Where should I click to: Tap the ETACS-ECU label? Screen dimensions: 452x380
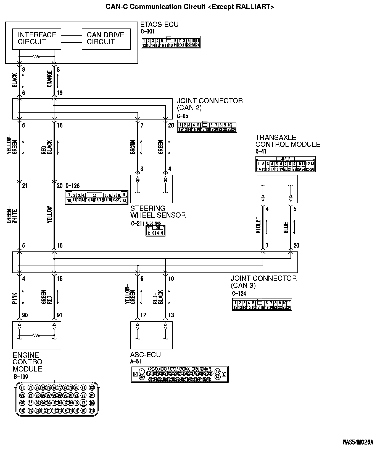pos(159,24)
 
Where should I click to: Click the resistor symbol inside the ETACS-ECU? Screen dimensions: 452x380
pos(36,57)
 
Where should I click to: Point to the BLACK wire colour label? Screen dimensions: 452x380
pos(15,80)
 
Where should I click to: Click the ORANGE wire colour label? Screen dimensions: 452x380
pos(50,79)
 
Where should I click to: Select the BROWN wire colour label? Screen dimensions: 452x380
pos(133,147)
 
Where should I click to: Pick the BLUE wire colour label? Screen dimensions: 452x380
pos(286,228)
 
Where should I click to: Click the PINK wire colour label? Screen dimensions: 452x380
pos(15,298)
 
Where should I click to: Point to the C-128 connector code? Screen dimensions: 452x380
pos(72,186)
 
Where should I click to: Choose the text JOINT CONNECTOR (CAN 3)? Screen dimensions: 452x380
pos(264,282)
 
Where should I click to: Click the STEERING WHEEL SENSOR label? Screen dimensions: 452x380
pos(158,212)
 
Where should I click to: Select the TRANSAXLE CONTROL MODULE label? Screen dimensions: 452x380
pos(287,141)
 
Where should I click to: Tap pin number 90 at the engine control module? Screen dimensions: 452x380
pos(25,315)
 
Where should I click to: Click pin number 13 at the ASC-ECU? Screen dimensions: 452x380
pos(171,315)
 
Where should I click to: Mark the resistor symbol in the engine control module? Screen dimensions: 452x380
pos(36,336)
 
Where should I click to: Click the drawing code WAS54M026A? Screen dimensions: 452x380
pos(358,442)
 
